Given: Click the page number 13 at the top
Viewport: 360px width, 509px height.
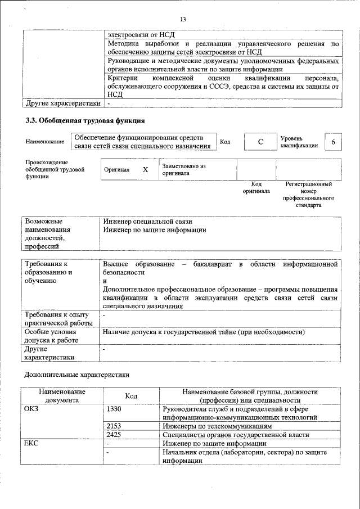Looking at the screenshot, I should pyautogui.click(x=183, y=20).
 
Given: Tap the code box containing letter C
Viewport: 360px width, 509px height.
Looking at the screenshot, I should pyautogui.click(x=260, y=142).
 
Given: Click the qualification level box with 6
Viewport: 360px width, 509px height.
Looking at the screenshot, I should pyautogui.click(x=333, y=142).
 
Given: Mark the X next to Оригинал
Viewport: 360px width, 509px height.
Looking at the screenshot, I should pyautogui.click(x=145, y=169).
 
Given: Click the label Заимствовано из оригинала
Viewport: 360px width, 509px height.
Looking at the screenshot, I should pyautogui.click(x=184, y=170).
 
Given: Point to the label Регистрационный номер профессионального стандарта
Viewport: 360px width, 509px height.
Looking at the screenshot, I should pyautogui.click(x=308, y=195).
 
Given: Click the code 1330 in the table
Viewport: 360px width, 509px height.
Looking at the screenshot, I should pyautogui.click(x=114, y=408).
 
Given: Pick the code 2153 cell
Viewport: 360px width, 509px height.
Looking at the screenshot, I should pyautogui.click(x=114, y=426).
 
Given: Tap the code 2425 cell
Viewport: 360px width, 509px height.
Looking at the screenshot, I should pyautogui.click(x=114, y=435).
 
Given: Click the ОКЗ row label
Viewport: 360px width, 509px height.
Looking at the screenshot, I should pyautogui.click(x=31, y=408).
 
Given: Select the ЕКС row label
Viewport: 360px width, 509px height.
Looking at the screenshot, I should pyautogui.click(x=31, y=444).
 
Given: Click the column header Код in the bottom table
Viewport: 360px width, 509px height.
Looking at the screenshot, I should pyautogui.click(x=131, y=396).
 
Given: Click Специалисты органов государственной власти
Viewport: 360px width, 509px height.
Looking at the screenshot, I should pyautogui.click(x=235, y=435).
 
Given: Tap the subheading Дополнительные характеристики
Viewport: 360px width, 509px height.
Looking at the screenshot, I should pyautogui.click(x=76, y=374).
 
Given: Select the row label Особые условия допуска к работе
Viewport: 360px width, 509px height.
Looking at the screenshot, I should pyautogui.click(x=52, y=336).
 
